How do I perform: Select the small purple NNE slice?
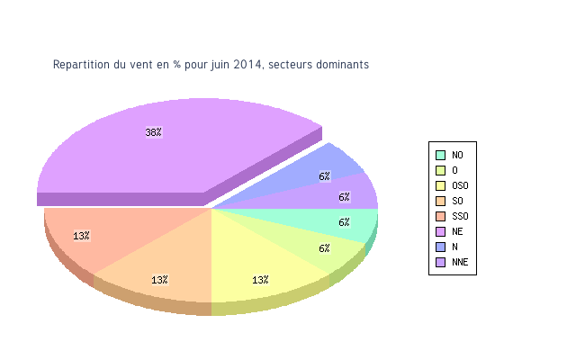(355, 193)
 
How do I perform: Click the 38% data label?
(154, 132)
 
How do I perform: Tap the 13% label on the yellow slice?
(260, 280)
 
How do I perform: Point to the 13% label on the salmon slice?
(81, 236)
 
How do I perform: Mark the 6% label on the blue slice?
(324, 176)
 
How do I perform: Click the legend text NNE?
(460, 262)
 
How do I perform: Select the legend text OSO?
(460, 185)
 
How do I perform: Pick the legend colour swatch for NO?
(440, 155)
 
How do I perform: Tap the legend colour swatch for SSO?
(440, 216)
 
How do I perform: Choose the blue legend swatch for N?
(440, 247)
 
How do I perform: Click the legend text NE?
(457, 231)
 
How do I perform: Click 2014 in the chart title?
(247, 65)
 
